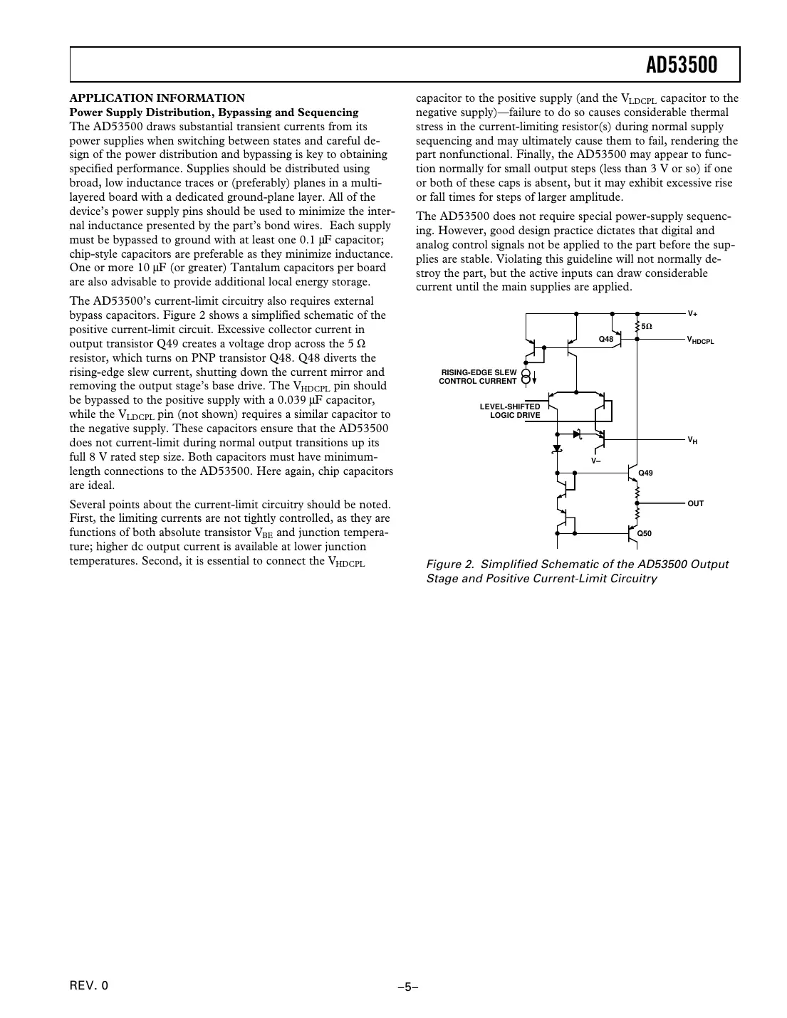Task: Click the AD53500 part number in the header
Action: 681,65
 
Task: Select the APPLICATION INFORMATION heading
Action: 157,98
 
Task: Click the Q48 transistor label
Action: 605,339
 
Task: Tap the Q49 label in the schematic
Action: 645,473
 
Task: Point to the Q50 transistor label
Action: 645,533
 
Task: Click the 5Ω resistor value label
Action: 647,326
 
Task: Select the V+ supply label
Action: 692,313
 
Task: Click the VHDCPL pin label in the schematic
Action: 700,341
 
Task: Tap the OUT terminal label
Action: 695,503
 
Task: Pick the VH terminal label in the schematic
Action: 692,441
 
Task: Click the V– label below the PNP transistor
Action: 596,461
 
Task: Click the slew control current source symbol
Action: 526,376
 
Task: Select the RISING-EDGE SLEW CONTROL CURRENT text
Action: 478,377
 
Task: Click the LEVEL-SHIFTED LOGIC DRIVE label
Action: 510,411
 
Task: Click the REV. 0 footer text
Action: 90,986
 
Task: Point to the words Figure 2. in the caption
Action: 450,565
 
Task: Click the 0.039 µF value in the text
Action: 293,400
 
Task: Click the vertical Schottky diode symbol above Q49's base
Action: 557,448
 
